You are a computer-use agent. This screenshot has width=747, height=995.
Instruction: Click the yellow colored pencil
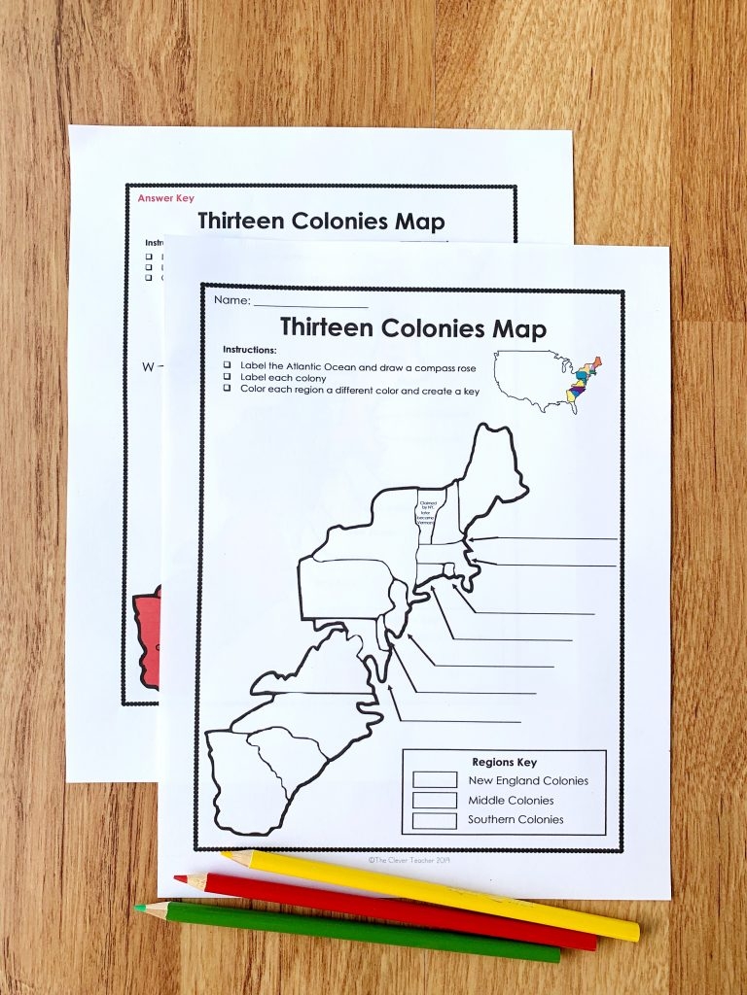(438, 894)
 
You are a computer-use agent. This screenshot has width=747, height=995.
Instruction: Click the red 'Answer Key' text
(165, 198)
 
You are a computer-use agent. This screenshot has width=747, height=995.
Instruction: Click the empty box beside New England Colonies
(434, 779)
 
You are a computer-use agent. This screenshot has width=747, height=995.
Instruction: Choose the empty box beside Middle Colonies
(434, 800)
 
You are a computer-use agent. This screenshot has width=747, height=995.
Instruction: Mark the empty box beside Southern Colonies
(434, 820)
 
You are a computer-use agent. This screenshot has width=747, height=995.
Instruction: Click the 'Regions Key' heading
(504, 762)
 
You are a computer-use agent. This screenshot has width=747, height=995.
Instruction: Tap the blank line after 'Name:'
(311, 302)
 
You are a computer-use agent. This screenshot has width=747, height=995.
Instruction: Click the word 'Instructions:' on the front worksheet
(250, 349)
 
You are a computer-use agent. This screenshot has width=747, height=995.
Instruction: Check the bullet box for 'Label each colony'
(227, 377)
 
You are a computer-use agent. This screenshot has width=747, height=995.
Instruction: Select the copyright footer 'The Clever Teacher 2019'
(409, 859)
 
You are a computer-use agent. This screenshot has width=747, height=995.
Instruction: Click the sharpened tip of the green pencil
(139, 908)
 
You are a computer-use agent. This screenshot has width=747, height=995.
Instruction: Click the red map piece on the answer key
(146, 636)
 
